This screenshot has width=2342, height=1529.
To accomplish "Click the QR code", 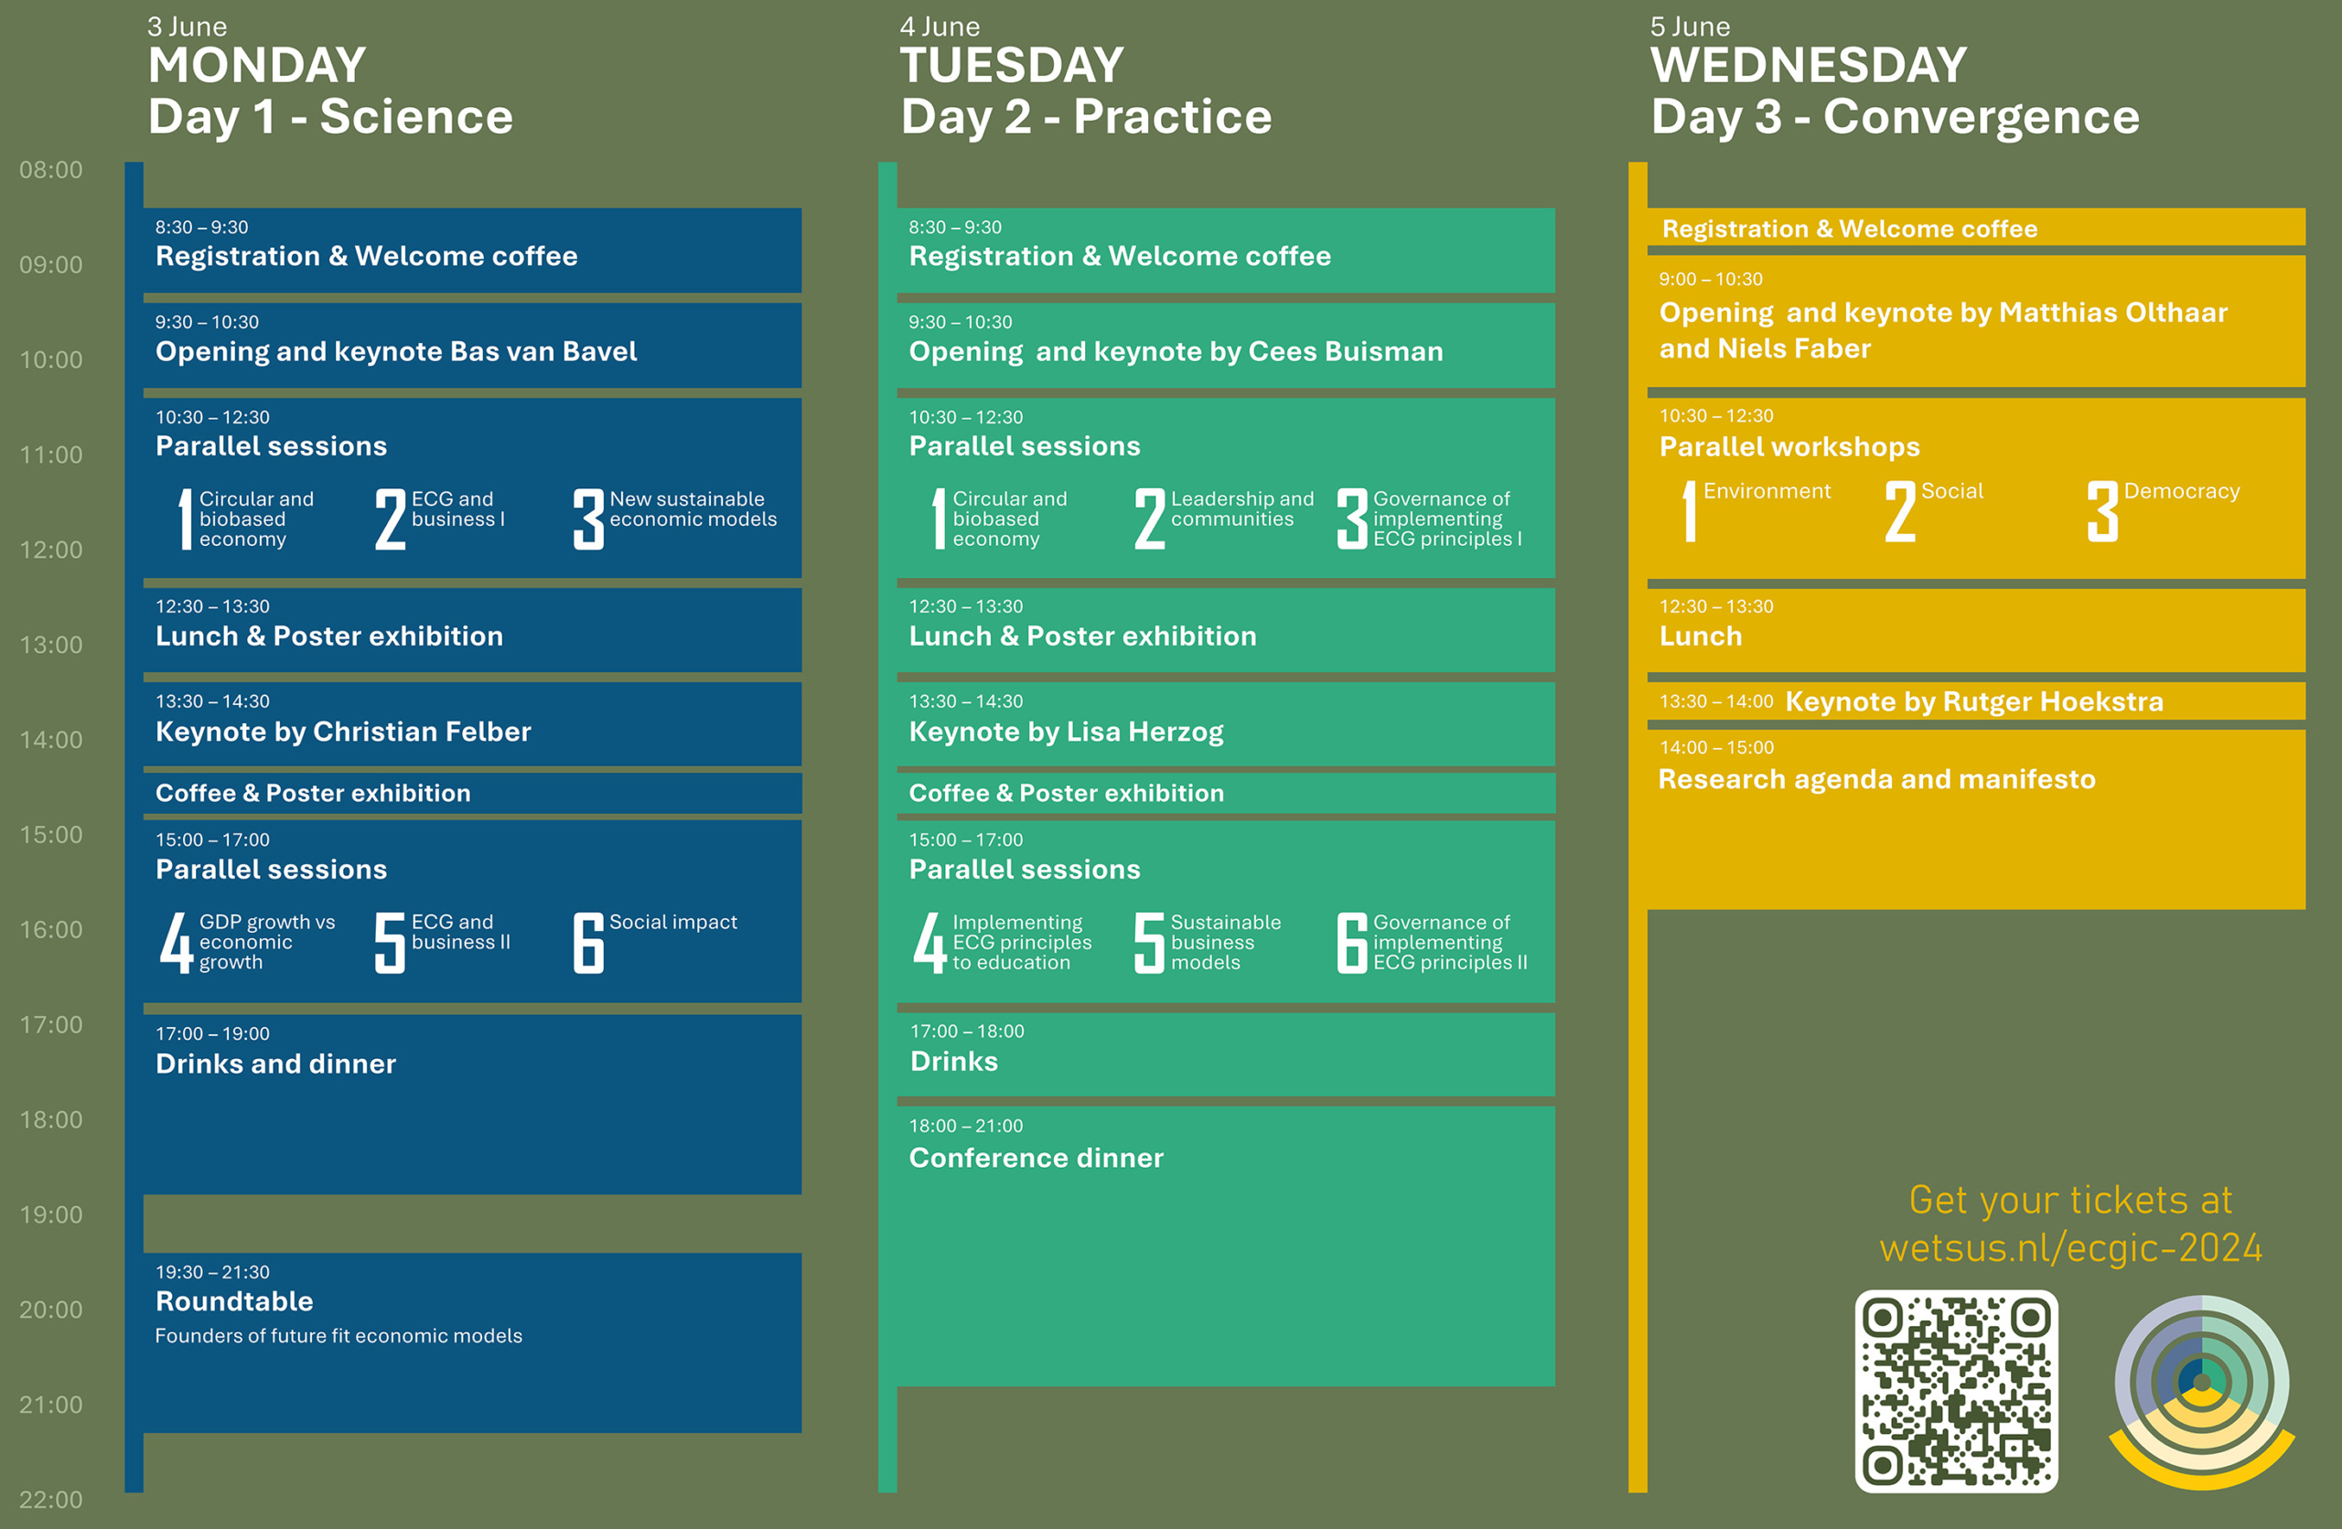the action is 1956,1391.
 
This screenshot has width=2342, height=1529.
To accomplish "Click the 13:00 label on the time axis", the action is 51,645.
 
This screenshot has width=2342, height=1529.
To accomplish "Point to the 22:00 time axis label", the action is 51,1500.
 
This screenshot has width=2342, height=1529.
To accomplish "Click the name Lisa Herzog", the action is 1145,732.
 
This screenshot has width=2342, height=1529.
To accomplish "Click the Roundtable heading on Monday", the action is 234,1300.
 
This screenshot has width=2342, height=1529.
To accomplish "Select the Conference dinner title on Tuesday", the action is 1037,1157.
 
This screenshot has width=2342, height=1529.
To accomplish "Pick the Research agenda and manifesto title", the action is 1876,779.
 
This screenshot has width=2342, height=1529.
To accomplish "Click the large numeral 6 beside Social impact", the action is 588,943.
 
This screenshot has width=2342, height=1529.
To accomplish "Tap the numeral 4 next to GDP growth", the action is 177,943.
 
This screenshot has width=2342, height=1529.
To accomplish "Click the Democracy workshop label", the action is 2182,491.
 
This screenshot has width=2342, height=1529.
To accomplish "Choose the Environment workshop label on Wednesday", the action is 1767,491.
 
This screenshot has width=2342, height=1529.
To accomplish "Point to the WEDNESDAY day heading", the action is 1809,65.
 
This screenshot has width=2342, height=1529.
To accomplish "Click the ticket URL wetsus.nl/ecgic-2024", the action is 2070,1247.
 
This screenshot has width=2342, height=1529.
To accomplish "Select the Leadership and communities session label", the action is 1241,508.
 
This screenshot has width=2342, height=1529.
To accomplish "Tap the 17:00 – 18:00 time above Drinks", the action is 967,1032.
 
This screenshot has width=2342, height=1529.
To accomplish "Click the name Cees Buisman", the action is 1345,351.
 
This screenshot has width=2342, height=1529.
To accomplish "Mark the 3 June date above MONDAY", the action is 187,27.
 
